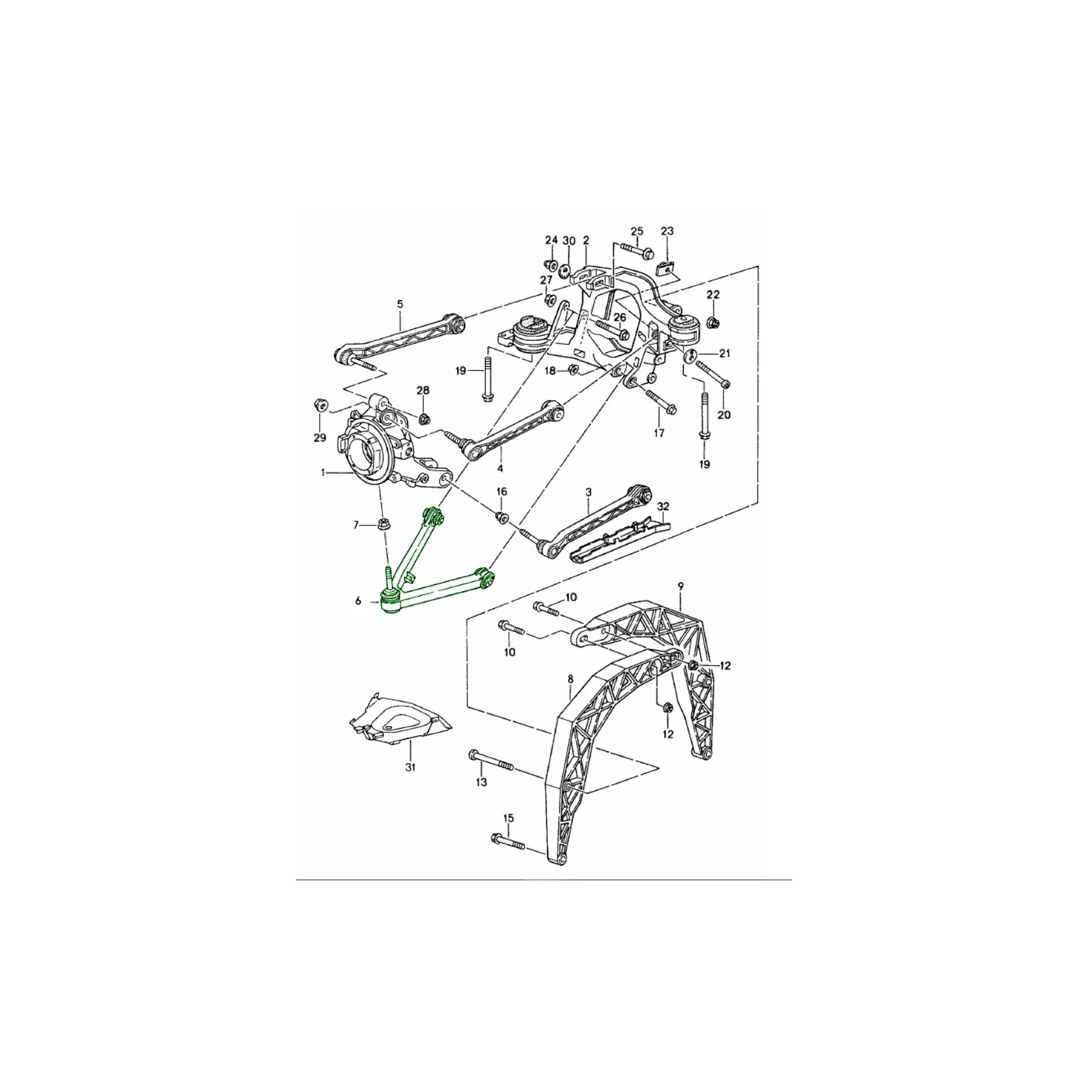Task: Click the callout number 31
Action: pos(410,767)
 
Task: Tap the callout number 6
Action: pos(358,601)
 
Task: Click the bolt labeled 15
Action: pos(508,856)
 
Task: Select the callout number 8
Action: pos(571,679)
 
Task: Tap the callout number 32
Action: pos(664,506)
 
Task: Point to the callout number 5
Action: pos(400,304)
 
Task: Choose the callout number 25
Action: pos(637,232)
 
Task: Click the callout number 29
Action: pos(320,438)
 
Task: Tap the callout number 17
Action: pos(659,433)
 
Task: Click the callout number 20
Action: pos(724,414)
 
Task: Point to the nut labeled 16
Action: pos(500,516)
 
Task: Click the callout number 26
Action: pos(619,318)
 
